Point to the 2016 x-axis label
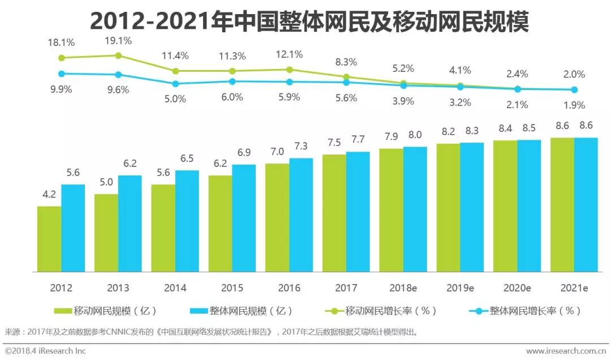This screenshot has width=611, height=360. [289, 288]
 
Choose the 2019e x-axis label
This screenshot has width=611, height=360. [460, 288]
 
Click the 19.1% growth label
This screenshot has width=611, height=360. [118, 41]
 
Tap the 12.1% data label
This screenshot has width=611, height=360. [289, 54]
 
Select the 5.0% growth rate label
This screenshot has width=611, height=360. [175, 98]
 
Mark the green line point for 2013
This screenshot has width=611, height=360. [118, 55]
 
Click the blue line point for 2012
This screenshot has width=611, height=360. [61, 74]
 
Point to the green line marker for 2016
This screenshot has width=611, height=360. [290, 70]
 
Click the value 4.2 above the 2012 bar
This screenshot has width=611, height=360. [49, 195]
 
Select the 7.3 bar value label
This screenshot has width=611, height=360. [301, 146]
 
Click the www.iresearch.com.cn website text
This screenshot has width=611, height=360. [566, 351]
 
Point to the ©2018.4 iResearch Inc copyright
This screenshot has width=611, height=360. [45, 351]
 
